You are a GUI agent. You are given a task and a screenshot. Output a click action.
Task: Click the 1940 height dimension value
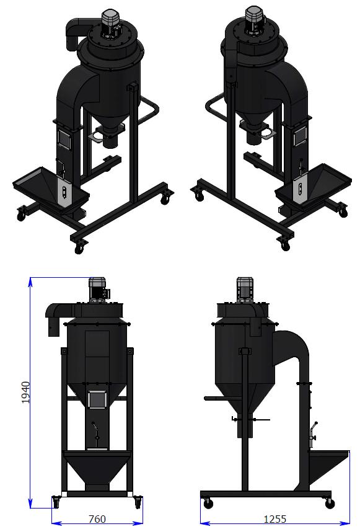tap(25, 393)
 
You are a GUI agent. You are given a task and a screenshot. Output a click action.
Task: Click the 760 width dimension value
tap(97, 519)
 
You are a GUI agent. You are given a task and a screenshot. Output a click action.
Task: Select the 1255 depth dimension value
tap(274, 519)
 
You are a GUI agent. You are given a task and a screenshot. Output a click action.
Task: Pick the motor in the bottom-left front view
tap(99, 290)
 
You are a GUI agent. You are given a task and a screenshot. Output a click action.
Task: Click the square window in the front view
tap(97, 400)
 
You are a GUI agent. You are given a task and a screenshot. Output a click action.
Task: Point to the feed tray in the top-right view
tap(314, 187)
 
